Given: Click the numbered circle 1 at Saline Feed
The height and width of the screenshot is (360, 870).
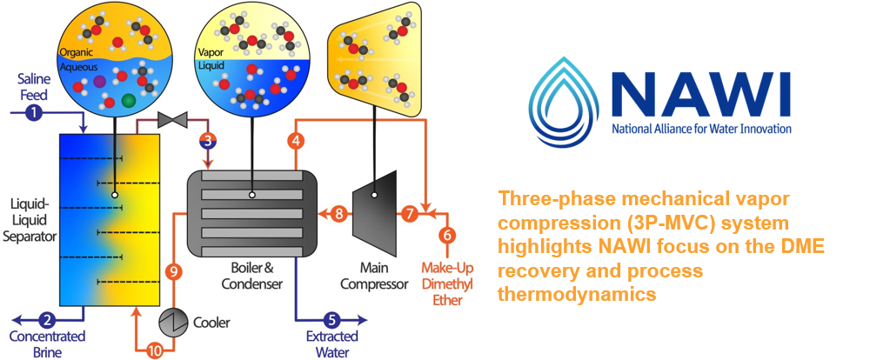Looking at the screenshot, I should tap(32, 111).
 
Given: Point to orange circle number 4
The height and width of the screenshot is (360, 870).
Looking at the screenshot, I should tap(296, 139).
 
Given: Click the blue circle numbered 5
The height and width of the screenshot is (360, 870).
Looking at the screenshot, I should tap(331, 320).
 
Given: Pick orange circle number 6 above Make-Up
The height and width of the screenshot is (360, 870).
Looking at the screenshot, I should tap(447, 235).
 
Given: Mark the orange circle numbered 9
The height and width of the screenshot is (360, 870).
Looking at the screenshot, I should tap(174, 272).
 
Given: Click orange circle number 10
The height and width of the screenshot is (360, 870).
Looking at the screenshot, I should tap(155, 350).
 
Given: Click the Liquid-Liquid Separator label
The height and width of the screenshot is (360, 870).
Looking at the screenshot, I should tap(28, 221).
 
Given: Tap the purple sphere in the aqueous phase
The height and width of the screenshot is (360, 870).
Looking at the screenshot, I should tap(100, 81).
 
